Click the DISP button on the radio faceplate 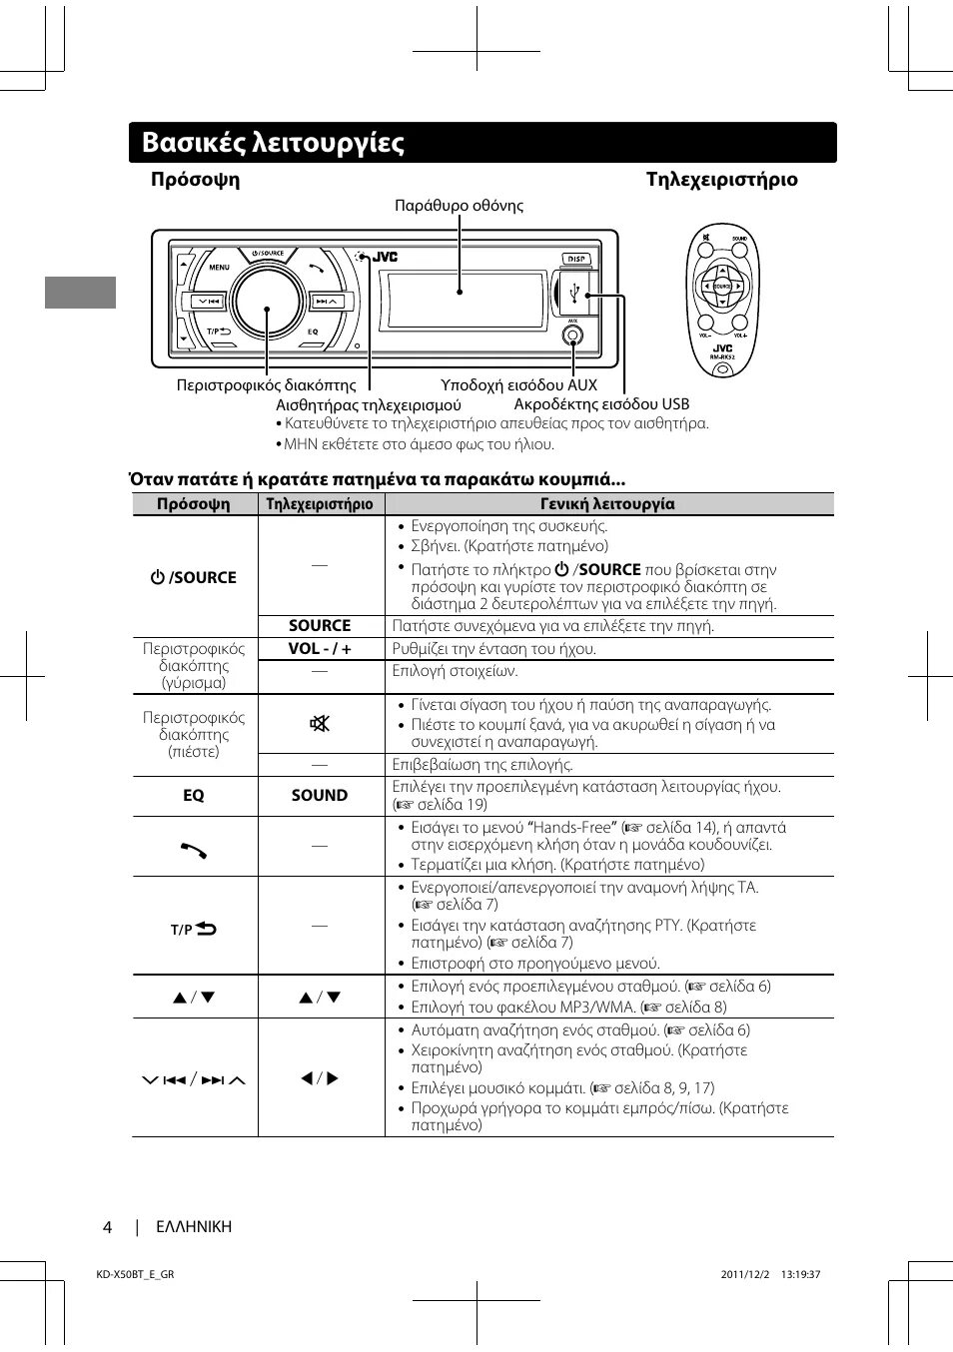pos(576,259)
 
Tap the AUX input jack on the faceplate pos(572,337)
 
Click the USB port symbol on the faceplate pos(574,294)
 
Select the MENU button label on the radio pos(219,268)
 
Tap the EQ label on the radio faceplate pos(313,332)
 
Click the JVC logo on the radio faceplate pos(385,258)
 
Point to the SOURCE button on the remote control pos(722,287)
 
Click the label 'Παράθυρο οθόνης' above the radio pos(459,206)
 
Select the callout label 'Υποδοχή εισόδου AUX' pos(518,384)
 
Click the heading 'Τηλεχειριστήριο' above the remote pos(721,180)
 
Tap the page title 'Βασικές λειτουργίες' pos(273,143)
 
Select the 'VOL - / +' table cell pos(320,648)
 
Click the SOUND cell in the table pos(320,795)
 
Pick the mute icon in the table pos(320,723)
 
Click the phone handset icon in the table pos(194,849)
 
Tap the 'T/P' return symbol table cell pos(194,929)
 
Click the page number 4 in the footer pos(107,1227)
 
